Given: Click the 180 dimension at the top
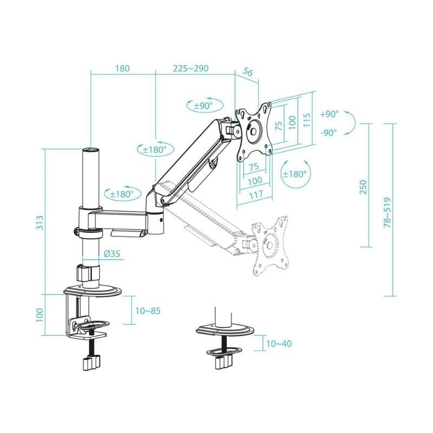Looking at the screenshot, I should [122, 69].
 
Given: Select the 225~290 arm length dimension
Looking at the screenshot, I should [191, 69].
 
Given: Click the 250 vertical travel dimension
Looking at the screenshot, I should [363, 187].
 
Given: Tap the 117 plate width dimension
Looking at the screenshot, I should [255, 194].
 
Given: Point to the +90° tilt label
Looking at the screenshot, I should [329, 114].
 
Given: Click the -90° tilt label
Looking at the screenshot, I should [329, 132].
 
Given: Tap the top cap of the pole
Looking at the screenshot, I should [90, 149].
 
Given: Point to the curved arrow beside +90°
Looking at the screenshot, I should [350, 123].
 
